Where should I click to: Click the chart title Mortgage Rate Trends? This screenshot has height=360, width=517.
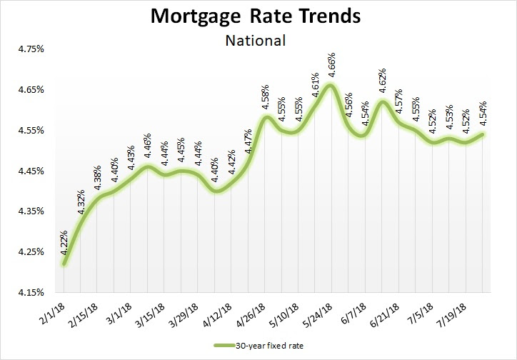[x=256, y=16]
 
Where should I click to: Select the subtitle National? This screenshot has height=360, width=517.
[x=256, y=40]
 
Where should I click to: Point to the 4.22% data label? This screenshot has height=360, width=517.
[x=65, y=244]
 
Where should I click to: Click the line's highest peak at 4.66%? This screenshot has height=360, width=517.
[x=329, y=85]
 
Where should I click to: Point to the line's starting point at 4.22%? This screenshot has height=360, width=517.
[x=64, y=264]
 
